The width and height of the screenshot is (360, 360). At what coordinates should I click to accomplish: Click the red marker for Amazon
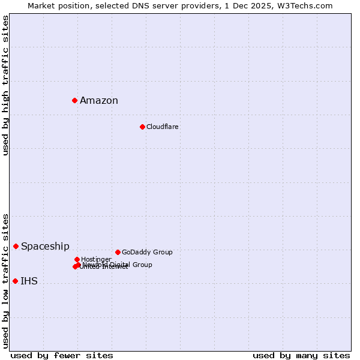[x=74, y=100]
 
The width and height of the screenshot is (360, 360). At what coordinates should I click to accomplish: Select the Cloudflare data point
[x=142, y=127]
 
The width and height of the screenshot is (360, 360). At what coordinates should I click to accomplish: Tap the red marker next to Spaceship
[x=16, y=246]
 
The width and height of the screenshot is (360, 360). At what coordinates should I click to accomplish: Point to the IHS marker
[x=15, y=281]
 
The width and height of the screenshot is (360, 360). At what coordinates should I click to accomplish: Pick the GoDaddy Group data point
[x=118, y=252]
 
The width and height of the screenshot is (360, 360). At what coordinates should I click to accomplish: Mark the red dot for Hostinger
[x=77, y=259]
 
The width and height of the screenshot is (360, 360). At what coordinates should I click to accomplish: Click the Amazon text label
[x=99, y=101]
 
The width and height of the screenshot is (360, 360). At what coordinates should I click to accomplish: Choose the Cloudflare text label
[x=163, y=127]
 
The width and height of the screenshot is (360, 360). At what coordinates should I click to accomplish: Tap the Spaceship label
[x=45, y=247]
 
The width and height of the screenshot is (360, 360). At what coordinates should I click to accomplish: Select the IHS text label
[x=29, y=281]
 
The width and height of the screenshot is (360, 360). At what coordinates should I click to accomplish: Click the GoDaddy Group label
[x=147, y=253]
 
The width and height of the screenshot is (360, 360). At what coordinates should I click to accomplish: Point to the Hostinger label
[x=96, y=259]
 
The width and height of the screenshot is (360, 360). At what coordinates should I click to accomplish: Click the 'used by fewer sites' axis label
[x=62, y=355]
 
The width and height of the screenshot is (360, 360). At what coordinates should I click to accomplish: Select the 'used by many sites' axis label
[x=301, y=355]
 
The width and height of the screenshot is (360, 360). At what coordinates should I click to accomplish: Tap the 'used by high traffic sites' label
[x=5, y=85]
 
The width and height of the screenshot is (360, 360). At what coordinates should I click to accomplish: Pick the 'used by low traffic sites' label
[x=5, y=281]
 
